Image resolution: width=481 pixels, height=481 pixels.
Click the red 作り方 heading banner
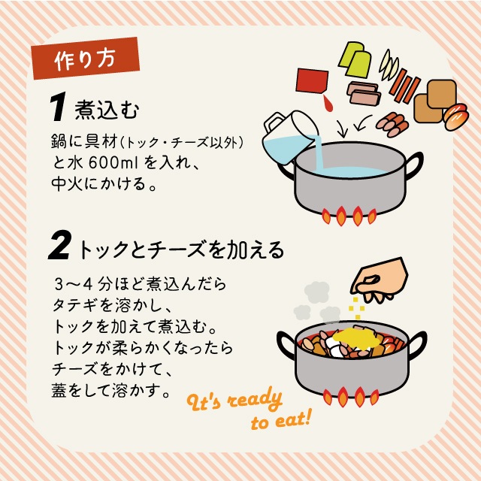(85, 59)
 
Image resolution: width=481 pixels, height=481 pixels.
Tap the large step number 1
(58, 107)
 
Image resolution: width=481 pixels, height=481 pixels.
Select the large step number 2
(60, 245)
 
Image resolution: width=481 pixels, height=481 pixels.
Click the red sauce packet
(312, 80)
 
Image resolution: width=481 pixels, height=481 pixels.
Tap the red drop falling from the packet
(328, 103)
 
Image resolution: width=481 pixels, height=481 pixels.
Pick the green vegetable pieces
(355, 59)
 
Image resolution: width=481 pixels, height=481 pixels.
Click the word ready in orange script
(256, 401)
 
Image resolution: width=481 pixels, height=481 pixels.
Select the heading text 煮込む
(107, 110)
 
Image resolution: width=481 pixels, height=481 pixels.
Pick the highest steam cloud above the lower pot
(317, 292)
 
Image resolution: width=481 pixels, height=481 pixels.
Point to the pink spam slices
(364, 92)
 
